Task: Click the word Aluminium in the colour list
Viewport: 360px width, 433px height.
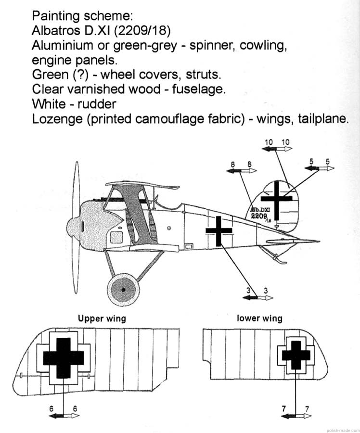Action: tap(62, 47)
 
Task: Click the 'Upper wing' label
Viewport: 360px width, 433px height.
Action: tap(102, 318)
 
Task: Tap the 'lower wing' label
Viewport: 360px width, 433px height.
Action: tap(259, 318)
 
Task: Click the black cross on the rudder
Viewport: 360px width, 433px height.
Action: tap(277, 197)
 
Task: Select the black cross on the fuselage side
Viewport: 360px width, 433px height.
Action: tap(219, 231)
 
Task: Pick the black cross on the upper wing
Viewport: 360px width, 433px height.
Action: tap(64, 357)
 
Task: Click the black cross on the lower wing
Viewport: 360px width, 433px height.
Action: tap(296, 355)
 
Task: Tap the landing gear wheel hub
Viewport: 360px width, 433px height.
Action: tap(123, 290)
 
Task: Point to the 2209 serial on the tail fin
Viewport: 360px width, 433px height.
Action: tap(260, 216)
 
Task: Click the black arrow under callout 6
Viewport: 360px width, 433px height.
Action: tap(57, 415)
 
